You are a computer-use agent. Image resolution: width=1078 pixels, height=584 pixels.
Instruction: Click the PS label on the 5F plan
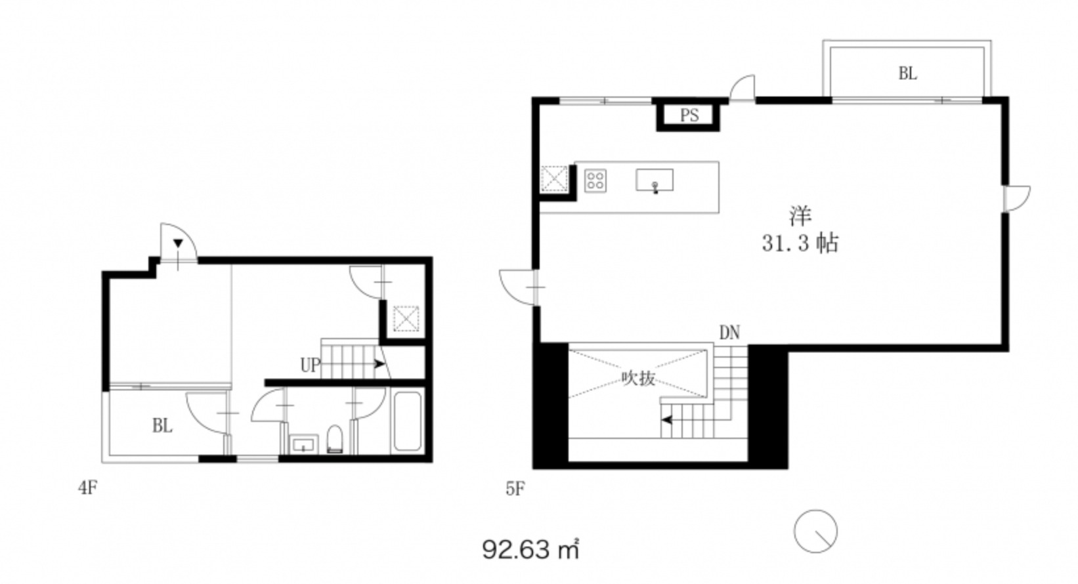pyautogui.click(x=689, y=115)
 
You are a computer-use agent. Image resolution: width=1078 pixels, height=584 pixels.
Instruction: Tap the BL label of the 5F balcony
pyautogui.click(x=908, y=73)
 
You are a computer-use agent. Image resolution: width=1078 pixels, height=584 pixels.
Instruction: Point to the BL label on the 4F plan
pyautogui.click(x=163, y=426)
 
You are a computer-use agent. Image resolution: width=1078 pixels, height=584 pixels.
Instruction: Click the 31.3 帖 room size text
pyautogui.click(x=800, y=243)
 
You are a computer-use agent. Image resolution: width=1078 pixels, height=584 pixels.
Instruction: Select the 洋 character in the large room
pyautogui.click(x=800, y=217)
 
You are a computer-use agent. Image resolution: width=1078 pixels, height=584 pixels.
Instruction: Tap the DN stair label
pyautogui.click(x=729, y=333)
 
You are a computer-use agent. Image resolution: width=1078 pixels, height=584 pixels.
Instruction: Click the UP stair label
pyautogui.click(x=310, y=365)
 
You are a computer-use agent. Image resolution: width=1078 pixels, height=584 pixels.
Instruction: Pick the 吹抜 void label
pyautogui.click(x=638, y=379)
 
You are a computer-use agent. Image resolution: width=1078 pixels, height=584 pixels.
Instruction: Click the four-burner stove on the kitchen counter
pyautogui.click(x=595, y=181)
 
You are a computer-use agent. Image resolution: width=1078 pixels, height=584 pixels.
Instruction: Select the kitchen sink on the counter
pyautogui.click(x=655, y=180)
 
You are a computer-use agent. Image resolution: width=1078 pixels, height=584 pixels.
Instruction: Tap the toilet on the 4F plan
pyautogui.click(x=334, y=439)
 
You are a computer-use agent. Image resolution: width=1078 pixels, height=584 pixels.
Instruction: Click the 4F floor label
pyautogui.click(x=87, y=488)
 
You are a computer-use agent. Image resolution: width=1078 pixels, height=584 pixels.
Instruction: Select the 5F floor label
pyautogui.click(x=515, y=490)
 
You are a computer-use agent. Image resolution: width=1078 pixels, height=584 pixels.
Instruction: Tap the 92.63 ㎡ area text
pyautogui.click(x=530, y=549)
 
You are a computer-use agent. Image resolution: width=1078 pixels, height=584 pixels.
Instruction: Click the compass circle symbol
pyautogui.click(x=815, y=531)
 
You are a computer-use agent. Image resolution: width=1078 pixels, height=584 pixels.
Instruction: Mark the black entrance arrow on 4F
pyautogui.click(x=178, y=243)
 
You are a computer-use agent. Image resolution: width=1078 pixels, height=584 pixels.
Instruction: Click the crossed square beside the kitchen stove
pyautogui.click(x=554, y=179)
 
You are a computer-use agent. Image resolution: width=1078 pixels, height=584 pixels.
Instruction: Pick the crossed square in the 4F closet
pyautogui.click(x=406, y=318)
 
